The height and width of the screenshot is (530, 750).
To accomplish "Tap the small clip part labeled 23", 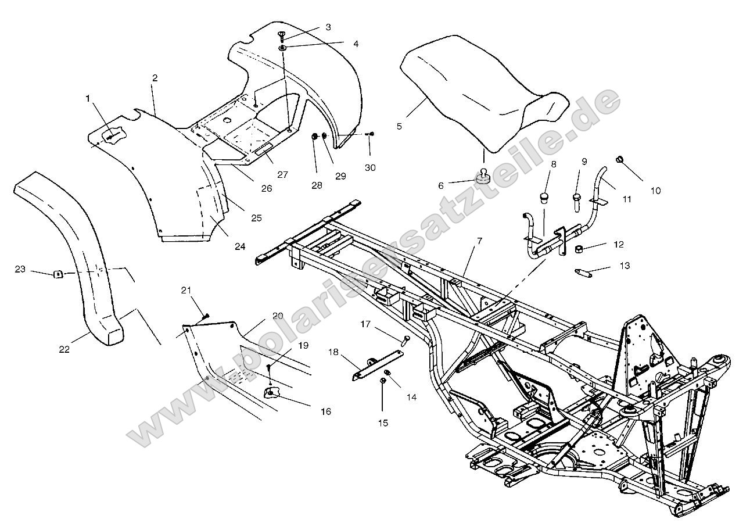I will (58, 274).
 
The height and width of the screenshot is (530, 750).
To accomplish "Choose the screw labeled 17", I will (405, 338).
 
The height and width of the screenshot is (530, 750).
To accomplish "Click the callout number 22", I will (64, 349).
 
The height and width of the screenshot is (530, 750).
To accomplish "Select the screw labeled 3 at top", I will (281, 34).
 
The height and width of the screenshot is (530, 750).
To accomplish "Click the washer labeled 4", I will (282, 46).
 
